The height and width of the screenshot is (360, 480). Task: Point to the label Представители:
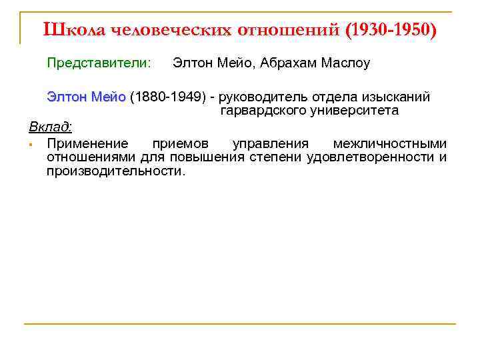point(99,63)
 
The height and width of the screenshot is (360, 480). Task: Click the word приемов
point(180,143)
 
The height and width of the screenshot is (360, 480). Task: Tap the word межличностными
point(390,143)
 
